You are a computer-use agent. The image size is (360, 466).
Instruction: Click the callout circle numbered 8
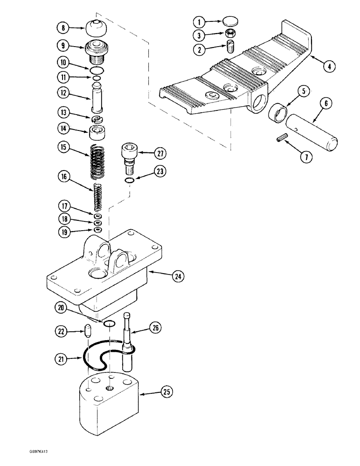point(63,28)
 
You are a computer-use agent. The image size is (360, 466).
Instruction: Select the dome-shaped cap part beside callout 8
point(96,29)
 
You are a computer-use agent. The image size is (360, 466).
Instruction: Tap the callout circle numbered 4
point(328,66)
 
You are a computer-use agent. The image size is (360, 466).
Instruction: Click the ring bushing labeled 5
point(278,113)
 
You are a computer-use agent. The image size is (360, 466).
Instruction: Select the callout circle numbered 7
point(306,157)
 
